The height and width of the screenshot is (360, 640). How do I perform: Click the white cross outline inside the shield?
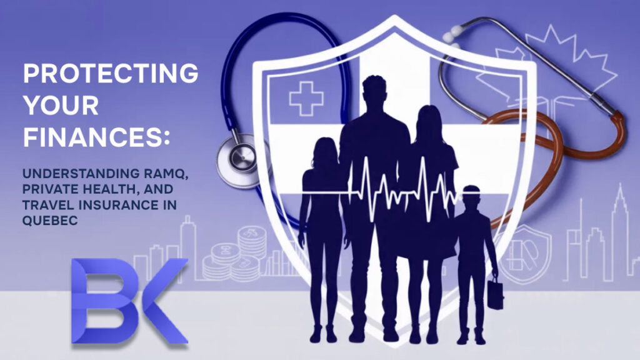[306, 99]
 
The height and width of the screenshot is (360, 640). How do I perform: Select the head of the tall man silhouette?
[374, 92]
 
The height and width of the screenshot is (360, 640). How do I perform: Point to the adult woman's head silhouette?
[429, 122]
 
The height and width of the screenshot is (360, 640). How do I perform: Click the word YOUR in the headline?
[61, 106]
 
